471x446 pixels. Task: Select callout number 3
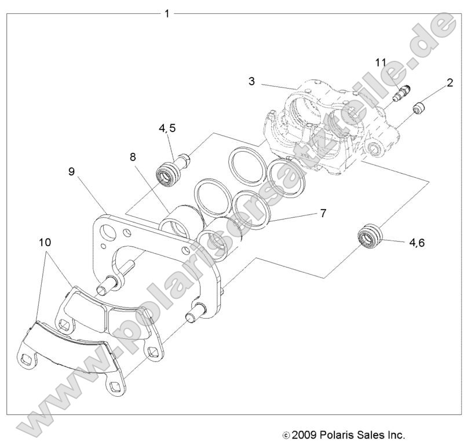click(251, 81)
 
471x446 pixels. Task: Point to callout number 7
click(323, 213)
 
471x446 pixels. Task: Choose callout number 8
click(133, 156)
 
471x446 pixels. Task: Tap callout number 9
click(71, 171)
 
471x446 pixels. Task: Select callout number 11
click(380, 61)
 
